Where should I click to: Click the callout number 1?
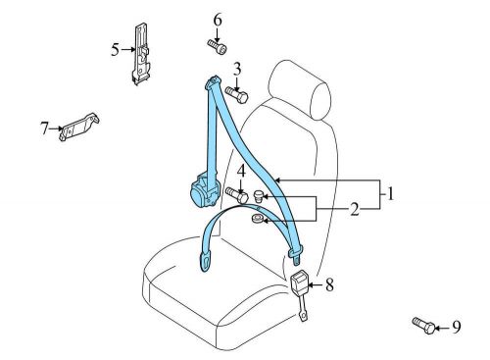(391, 194)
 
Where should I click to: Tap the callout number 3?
(237, 69)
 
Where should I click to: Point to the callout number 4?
(240, 170)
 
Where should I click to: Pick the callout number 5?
(116, 47)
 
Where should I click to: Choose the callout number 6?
(218, 20)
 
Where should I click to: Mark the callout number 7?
(45, 128)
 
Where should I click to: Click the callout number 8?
(329, 285)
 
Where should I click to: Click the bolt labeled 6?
(218, 45)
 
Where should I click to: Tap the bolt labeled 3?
(238, 94)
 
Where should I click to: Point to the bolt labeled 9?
(422, 325)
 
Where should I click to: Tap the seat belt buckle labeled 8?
(299, 285)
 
